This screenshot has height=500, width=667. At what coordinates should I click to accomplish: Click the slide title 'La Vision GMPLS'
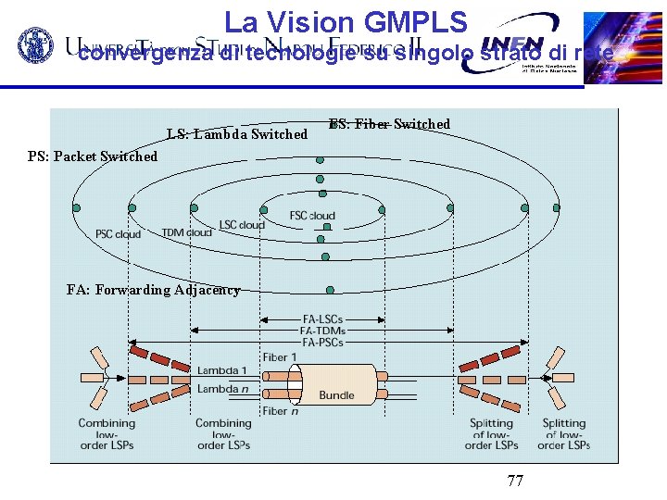coord(350,22)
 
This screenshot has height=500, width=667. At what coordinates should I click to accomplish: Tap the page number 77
coord(516,481)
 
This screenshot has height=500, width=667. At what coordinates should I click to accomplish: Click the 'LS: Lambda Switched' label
coord(236,134)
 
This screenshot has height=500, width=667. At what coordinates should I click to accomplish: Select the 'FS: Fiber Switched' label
coord(389,124)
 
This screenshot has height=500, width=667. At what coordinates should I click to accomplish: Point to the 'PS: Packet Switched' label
coord(93,156)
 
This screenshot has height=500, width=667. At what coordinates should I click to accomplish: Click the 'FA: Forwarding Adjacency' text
coord(154,290)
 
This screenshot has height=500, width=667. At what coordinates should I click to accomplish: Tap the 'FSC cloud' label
coord(312,216)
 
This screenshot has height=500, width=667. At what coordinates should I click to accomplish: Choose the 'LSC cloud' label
coord(242,225)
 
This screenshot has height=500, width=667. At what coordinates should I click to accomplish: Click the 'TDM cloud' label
coord(186,232)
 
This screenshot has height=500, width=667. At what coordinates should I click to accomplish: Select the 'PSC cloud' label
coord(119,234)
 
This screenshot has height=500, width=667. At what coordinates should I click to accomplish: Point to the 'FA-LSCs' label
coord(322,319)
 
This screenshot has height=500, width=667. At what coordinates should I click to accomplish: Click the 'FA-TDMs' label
coord(322,331)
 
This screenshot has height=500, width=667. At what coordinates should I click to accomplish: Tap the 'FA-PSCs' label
coord(322,342)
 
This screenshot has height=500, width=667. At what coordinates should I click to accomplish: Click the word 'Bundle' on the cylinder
coord(336,394)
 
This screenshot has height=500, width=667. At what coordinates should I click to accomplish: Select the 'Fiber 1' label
coord(280,357)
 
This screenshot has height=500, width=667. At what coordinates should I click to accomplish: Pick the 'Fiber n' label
coord(280,410)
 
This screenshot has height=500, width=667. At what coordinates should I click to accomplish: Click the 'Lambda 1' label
coord(221,370)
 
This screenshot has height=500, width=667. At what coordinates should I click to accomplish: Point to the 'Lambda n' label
coord(222,389)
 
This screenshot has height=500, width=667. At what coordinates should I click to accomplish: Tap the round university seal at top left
coord(38,47)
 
